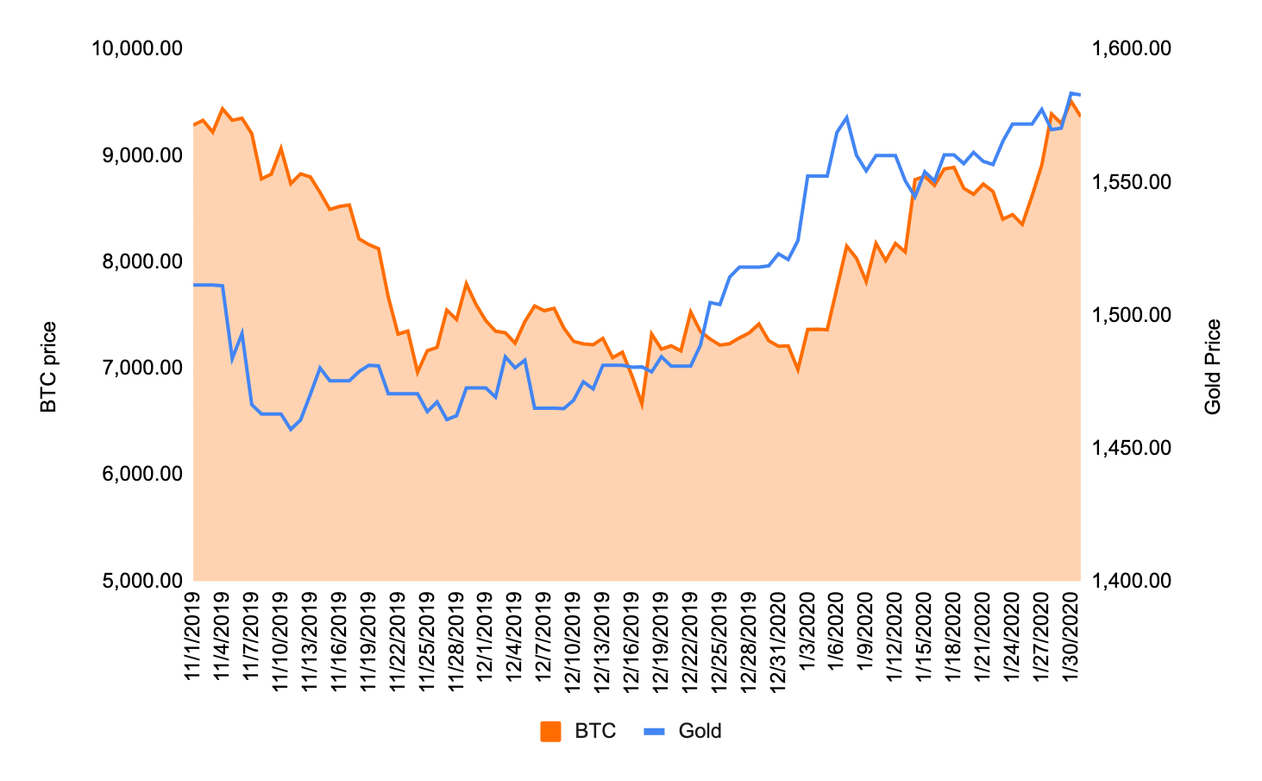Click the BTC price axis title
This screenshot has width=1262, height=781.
pos(49,367)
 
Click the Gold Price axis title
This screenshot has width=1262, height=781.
pos(1213,367)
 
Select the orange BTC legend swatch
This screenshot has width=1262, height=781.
pos(550,732)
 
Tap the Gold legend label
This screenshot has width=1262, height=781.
pos(700,732)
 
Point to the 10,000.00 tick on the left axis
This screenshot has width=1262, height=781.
pos(137,48)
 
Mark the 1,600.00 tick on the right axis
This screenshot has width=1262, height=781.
pos(1131,48)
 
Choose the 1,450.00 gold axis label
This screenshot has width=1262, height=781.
pos(1131,447)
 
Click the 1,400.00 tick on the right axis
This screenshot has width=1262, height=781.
pos(1131,580)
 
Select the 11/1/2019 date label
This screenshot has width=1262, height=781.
pos(192,635)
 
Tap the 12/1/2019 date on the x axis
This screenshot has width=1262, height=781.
pos(485,635)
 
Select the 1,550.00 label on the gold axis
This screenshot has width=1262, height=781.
pos(1131,181)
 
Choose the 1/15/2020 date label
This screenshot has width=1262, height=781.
pos(923,635)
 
